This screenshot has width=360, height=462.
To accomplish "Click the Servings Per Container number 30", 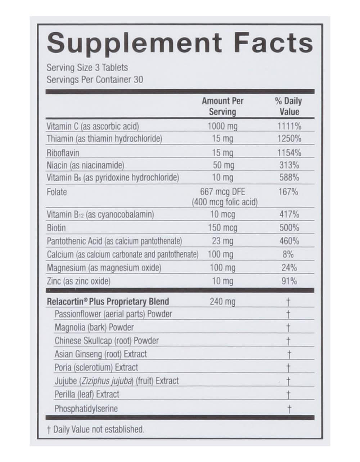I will (138, 80).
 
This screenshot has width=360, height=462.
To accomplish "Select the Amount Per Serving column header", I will (222, 106).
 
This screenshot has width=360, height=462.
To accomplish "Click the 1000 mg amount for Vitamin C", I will (222, 126).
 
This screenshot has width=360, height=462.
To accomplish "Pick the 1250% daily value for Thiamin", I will (289, 139).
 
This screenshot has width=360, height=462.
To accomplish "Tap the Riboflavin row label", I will (63, 153).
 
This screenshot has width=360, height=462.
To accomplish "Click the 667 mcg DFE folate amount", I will (222, 191).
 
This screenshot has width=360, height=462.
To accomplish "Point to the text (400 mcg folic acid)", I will (225, 202).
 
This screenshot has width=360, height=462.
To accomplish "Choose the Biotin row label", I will (56, 228).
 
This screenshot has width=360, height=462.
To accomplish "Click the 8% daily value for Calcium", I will (288, 254).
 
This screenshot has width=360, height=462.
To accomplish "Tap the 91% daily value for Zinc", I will (289, 281).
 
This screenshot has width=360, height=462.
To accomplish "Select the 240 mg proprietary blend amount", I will (222, 302).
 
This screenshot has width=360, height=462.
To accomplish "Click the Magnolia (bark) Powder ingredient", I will (94, 328).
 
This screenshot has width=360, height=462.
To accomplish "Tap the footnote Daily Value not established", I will (98, 430).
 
